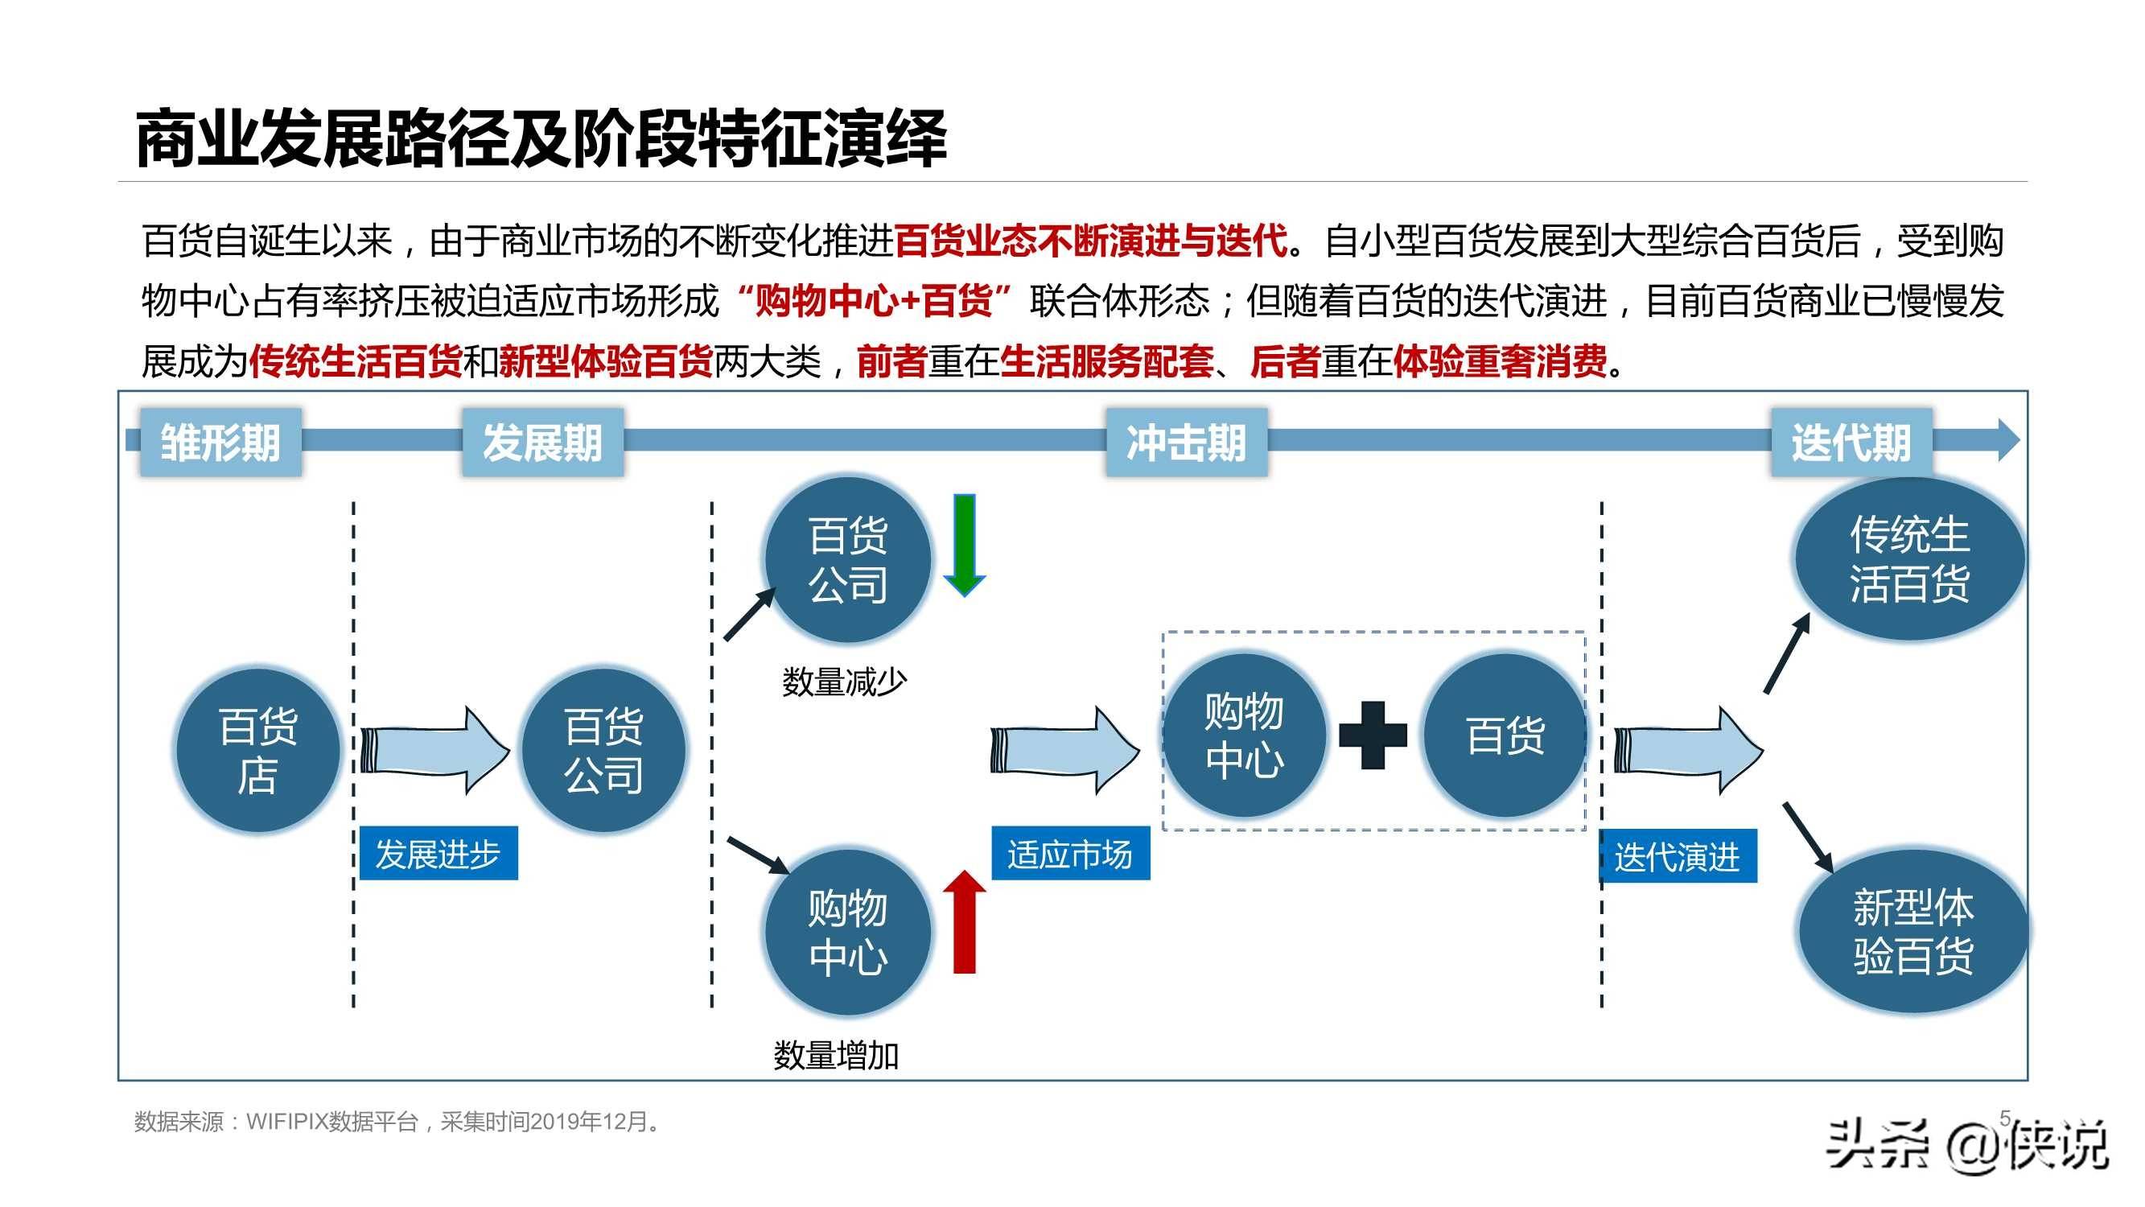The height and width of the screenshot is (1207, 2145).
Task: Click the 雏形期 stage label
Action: (220, 442)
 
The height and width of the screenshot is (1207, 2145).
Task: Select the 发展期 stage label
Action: (543, 442)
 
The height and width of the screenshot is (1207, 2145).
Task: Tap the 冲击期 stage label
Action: (1187, 442)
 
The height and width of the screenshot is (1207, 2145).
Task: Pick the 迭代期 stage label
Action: (1851, 442)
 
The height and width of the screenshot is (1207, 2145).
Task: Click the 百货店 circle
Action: (258, 750)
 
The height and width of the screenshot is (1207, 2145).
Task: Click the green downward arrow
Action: (964, 546)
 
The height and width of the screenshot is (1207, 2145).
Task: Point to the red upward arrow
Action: (964, 921)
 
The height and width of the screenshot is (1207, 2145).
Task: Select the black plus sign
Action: (1373, 735)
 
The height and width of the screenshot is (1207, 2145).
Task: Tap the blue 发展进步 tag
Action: (438, 854)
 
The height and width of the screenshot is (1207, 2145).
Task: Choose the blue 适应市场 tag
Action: (1070, 854)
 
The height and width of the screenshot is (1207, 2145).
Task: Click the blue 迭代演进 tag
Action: (1678, 855)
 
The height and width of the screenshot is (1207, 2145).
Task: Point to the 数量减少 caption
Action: (844, 682)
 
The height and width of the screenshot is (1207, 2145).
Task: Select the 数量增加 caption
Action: (836, 1056)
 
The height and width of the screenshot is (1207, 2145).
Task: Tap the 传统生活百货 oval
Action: (1909, 558)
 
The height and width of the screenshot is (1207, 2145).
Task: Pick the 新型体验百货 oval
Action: (1913, 931)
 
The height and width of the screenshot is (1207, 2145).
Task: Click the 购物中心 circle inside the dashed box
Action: (1244, 735)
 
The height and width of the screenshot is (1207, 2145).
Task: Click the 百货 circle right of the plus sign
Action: (1505, 735)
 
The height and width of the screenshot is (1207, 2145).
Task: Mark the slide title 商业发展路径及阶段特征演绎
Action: (541, 138)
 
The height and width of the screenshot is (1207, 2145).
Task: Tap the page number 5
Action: (2005, 1117)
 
